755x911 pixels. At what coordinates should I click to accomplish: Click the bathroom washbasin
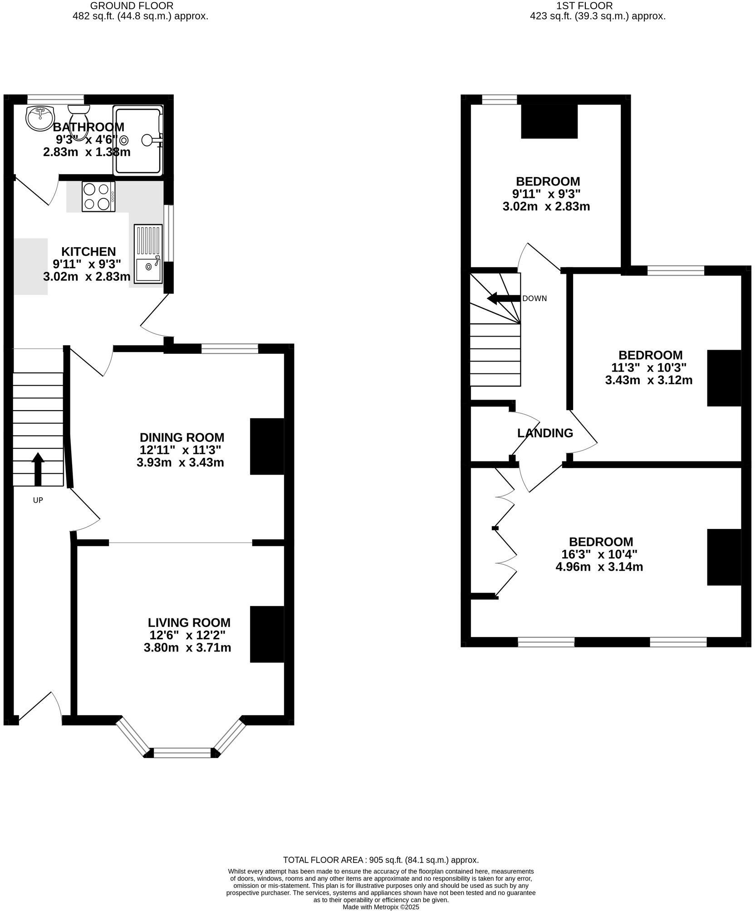pyautogui.click(x=40, y=118)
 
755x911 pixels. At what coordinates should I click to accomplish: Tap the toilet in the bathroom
pyautogui.click(x=79, y=113)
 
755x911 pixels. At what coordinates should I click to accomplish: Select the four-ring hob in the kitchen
pyautogui.click(x=98, y=196)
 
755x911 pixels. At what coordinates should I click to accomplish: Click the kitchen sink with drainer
pyautogui.click(x=148, y=254)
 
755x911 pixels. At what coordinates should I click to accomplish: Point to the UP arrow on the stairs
pyautogui.click(x=38, y=468)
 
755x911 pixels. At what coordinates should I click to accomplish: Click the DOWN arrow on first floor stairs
pyautogui.click(x=503, y=298)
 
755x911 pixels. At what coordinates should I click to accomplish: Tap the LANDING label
pyautogui.click(x=545, y=433)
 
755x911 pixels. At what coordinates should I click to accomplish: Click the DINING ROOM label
pyautogui.click(x=181, y=437)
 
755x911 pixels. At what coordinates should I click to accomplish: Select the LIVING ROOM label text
pyautogui.click(x=189, y=622)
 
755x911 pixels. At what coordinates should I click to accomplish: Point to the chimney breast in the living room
pyautogui.click(x=267, y=634)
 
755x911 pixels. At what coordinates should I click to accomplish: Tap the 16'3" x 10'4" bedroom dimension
pyautogui.click(x=601, y=554)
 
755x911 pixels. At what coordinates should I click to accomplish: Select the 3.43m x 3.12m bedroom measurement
pyautogui.click(x=648, y=380)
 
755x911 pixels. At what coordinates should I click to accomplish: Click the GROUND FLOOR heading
pyautogui.click(x=132, y=6)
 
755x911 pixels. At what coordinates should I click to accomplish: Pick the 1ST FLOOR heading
pyautogui.click(x=584, y=6)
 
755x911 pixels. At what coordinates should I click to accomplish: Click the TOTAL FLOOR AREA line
pyautogui.click(x=381, y=859)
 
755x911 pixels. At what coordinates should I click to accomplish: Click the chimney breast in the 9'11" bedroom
pyautogui.click(x=549, y=121)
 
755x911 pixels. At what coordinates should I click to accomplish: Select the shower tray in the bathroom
pyautogui.click(x=137, y=140)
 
